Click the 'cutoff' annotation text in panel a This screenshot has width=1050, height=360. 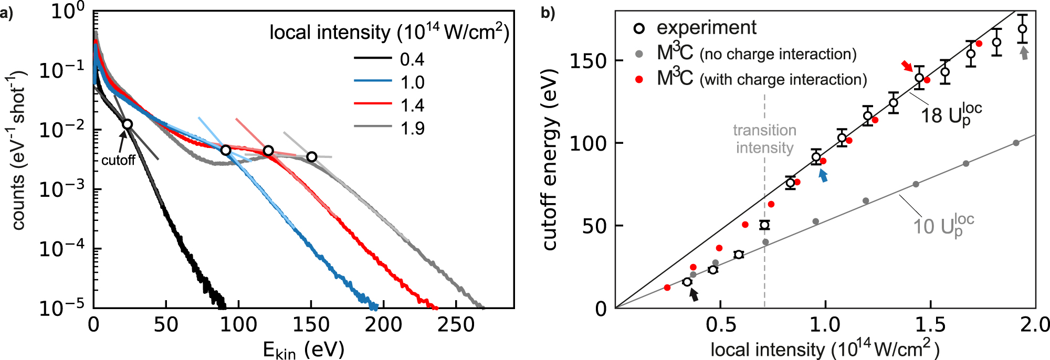tap(118, 160)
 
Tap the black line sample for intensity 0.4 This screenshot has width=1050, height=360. tap(373, 58)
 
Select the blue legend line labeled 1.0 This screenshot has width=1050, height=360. tap(373, 81)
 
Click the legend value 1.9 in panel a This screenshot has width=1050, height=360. tap(412, 128)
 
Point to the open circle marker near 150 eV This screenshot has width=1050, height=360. tap(312, 157)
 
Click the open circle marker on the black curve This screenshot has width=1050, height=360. tap(127, 124)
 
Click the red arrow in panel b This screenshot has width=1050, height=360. tap(907, 66)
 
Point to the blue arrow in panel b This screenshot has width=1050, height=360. tap(823, 176)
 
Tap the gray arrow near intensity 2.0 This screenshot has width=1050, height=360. tap(1023, 53)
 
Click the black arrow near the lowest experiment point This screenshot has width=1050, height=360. tap(694, 295)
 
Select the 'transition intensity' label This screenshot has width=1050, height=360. tap(764, 139)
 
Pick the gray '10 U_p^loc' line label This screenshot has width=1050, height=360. tap(943, 226)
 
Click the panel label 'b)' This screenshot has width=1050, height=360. tap(548, 13)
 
